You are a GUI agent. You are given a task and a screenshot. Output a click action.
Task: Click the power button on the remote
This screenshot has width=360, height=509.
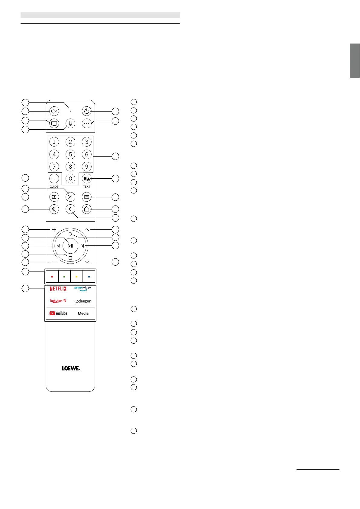click(87, 111)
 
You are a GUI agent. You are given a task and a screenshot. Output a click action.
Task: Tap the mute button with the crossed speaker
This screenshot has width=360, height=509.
click(54, 111)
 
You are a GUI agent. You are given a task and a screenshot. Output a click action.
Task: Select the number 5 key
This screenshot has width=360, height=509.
click(70, 154)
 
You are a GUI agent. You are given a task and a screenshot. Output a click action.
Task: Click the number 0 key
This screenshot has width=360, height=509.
click(70, 179)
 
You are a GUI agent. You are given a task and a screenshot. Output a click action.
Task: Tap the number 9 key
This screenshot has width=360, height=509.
click(87, 167)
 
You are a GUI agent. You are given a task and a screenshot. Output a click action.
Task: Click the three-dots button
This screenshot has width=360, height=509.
click(87, 123)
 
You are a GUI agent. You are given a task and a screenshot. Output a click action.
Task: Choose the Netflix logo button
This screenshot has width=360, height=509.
click(58, 289)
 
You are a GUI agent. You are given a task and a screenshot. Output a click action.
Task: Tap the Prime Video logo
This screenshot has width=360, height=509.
click(83, 289)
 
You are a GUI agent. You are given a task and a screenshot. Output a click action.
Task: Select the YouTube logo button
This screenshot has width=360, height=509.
click(58, 313)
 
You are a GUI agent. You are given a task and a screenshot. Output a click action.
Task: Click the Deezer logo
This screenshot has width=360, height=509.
click(83, 301)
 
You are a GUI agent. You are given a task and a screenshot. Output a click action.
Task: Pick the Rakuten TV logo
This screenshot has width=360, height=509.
click(58, 301)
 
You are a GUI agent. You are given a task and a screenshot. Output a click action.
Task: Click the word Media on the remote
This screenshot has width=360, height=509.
click(83, 313)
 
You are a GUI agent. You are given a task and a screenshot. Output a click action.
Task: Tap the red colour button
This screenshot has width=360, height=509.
click(52, 277)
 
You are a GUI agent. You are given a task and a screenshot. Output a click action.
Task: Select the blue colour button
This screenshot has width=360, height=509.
click(89, 277)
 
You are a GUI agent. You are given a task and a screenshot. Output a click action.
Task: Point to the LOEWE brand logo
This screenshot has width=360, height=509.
click(71, 368)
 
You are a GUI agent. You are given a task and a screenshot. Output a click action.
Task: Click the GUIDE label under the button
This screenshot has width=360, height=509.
click(54, 187)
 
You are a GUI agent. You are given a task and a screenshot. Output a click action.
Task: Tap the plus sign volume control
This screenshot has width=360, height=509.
click(54, 230)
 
